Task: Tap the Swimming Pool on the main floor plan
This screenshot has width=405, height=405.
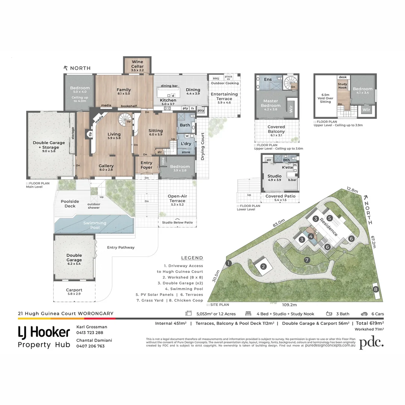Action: [94, 225]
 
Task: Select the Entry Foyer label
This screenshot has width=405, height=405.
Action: [147, 165]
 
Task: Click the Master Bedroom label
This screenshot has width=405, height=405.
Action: [270, 103]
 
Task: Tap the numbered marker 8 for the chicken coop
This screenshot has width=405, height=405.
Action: [376, 289]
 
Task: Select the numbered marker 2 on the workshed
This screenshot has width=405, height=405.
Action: [263, 267]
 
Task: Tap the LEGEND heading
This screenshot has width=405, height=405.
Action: [192, 258]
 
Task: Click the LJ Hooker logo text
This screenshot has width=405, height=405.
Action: [44, 332]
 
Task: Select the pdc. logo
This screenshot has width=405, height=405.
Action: [371, 343]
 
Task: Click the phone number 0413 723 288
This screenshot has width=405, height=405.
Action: [90, 333]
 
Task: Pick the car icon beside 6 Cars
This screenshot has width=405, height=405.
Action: [364, 314]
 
